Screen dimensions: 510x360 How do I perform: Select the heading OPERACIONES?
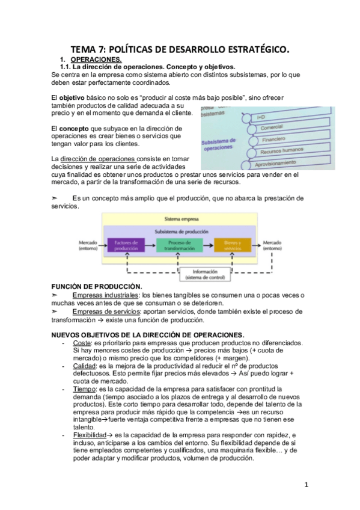tap(96, 60)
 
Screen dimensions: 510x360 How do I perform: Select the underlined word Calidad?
tap(85, 366)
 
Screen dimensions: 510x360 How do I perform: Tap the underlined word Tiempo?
tap(85, 389)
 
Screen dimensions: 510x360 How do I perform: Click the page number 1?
tap(306, 485)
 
